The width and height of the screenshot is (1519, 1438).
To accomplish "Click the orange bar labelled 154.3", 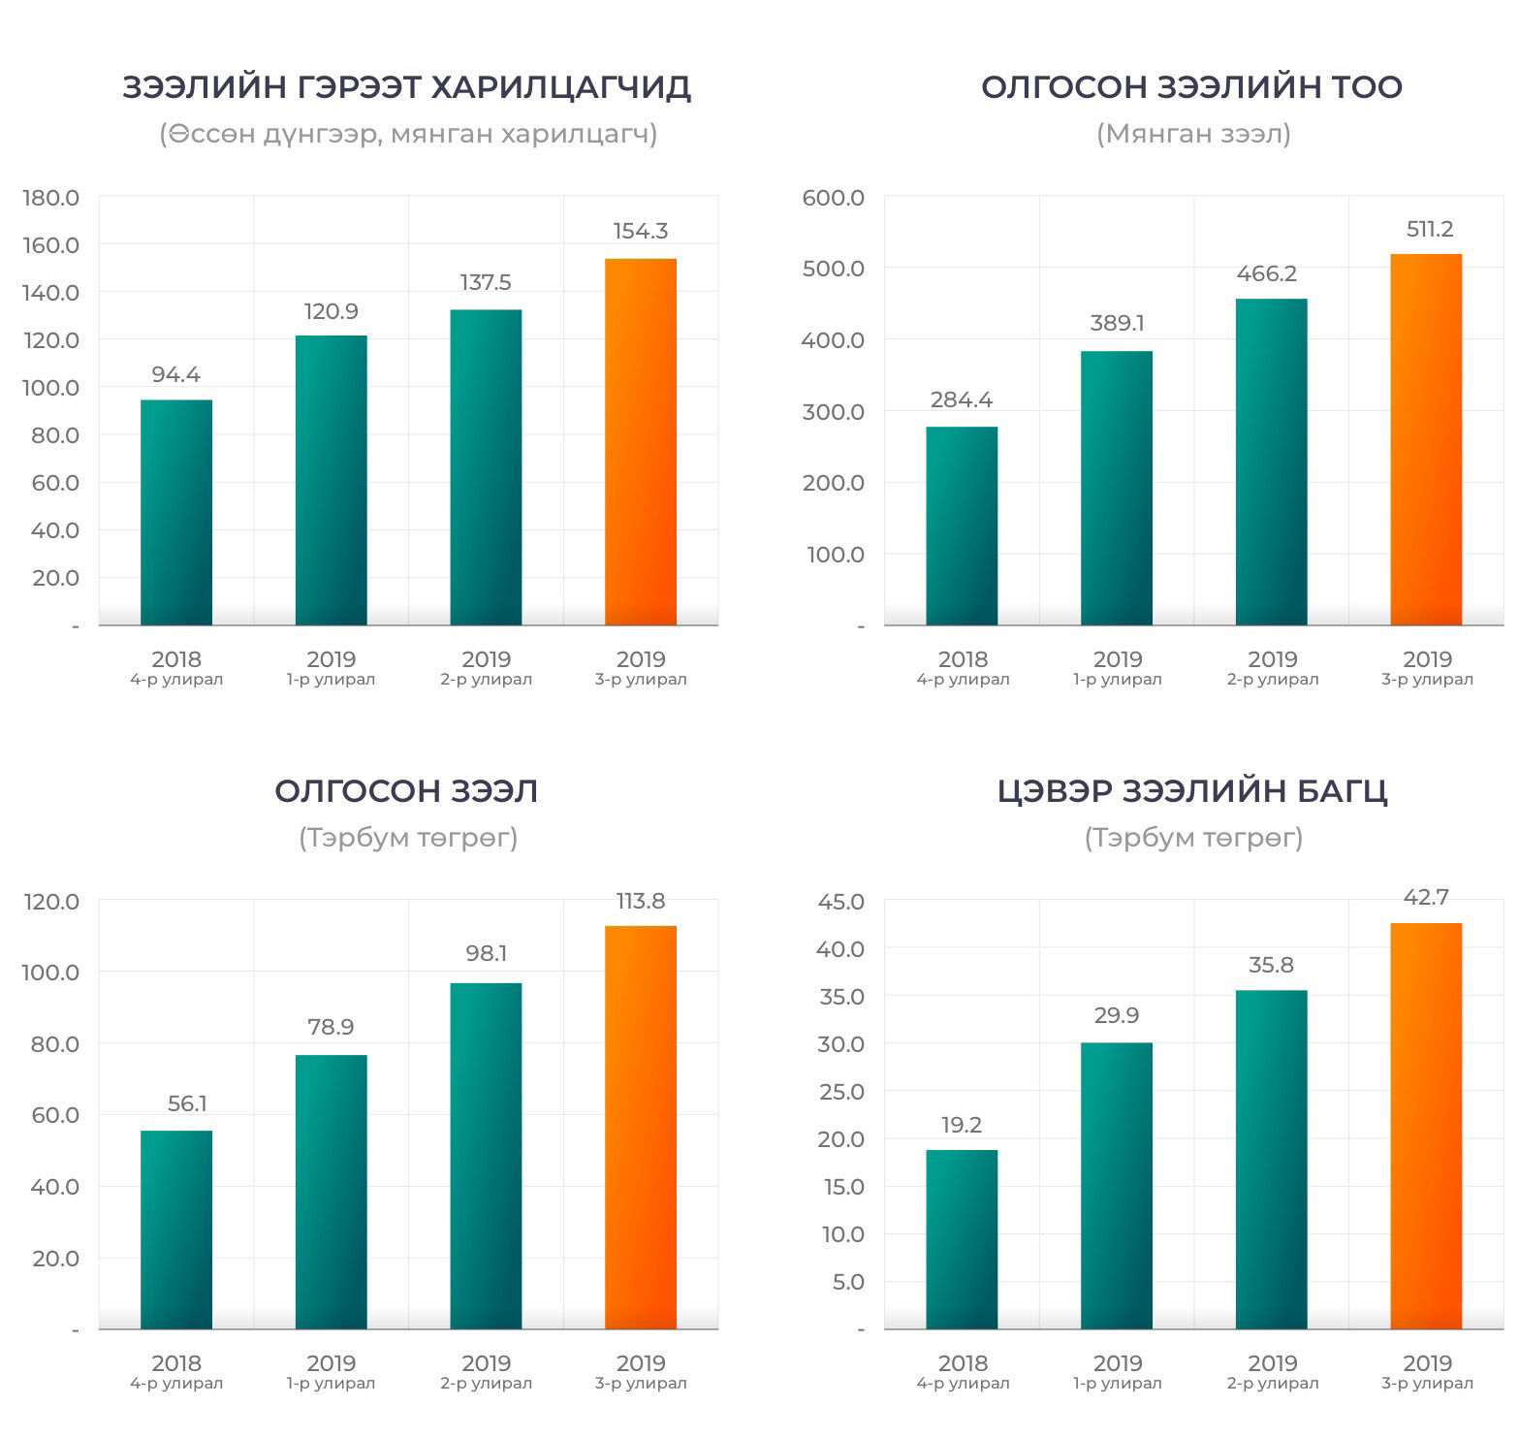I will coord(641,441).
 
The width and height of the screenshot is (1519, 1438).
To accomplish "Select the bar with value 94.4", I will coord(176,512).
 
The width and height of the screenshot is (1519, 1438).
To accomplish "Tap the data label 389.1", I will coord(1117,323).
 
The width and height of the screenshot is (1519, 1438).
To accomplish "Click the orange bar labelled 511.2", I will coord(1426,439).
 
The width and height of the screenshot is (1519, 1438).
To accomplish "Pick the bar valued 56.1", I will coord(176,1229).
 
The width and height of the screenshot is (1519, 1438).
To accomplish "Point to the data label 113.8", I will coord(641,901).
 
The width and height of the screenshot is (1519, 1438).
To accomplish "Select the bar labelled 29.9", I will coord(1117,1185).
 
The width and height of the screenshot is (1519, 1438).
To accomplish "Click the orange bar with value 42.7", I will coord(1426,1125).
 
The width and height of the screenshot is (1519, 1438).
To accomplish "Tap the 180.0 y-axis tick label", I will coord(51,198).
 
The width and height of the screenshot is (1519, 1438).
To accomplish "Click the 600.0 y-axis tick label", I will coord(834,198).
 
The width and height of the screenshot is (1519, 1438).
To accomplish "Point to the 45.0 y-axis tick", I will coord(840,902).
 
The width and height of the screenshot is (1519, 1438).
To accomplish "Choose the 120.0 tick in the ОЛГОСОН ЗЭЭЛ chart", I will coord(51,902).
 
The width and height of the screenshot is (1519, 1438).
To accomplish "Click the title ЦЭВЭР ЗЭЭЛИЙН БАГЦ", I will coord(1192,791).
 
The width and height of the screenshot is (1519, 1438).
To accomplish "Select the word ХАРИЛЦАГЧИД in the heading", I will coord(559,87).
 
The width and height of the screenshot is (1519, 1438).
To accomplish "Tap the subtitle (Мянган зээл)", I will coord(1193,133).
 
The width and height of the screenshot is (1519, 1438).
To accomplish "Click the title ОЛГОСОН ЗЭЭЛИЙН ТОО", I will coord(1192,87).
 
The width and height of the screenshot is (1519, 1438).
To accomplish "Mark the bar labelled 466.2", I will coord(1271,462).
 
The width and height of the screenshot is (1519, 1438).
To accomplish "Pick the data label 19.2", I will coord(961,1125).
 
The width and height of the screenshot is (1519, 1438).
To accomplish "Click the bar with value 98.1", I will coord(486,1155).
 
